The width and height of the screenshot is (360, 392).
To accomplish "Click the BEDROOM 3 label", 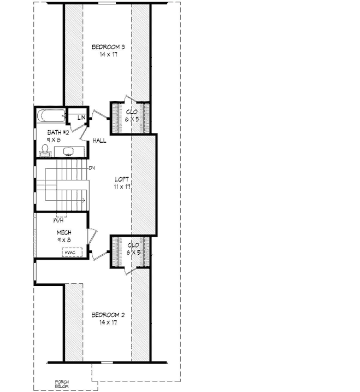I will (108, 47).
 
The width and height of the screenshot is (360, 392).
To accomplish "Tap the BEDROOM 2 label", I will (108, 315).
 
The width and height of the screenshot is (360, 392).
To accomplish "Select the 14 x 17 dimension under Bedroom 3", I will (108, 55).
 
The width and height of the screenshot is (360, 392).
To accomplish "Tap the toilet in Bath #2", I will (44, 150).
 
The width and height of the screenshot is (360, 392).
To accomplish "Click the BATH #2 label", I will (57, 132).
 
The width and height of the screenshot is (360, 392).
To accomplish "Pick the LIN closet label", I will (80, 118).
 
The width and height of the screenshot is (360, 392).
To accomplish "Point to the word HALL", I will (99, 141).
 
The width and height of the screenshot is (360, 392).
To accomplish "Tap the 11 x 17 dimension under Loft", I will (122, 187).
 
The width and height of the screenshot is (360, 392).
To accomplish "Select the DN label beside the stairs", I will (92, 167).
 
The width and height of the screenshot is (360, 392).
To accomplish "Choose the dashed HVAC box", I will (72, 252).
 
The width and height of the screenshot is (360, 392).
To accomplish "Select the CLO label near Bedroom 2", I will (132, 245).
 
